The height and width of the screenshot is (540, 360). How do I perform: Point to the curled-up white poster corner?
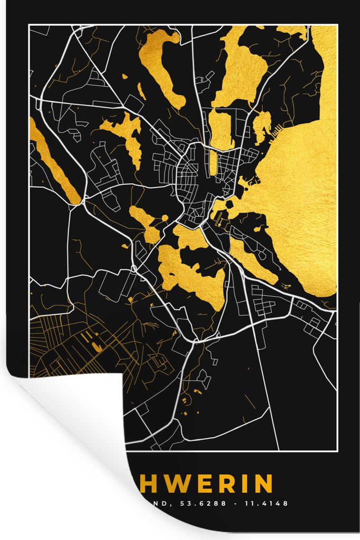coord(79,417)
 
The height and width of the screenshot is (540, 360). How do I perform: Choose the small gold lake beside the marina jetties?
coord(261,127)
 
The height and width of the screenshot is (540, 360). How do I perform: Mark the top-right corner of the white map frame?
coord(336,25)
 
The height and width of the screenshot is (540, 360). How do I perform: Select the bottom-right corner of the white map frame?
coord(336,451)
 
